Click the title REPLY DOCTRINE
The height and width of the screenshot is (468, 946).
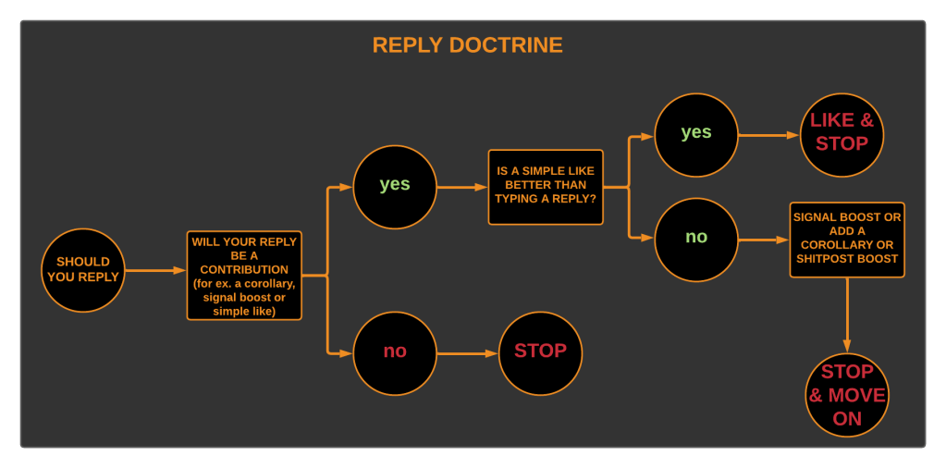(467, 45)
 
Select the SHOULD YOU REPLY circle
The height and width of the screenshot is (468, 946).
(83, 270)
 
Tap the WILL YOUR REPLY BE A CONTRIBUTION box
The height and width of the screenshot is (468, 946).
(244, 276)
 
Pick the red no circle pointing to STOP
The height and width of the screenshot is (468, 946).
(395, 353)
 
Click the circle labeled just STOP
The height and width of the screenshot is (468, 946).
(540, 353)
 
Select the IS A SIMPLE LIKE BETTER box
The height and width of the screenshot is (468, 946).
(546, 187)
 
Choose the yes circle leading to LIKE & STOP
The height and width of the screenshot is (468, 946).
(696, 135)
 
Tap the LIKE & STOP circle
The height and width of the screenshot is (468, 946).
(842, 135)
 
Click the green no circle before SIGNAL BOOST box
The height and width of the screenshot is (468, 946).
(696, 240)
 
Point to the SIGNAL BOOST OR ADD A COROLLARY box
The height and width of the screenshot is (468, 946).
(847, 240)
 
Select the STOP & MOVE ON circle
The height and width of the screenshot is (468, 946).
(847, 395)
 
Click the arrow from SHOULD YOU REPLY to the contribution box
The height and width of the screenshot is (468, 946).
(155, 270)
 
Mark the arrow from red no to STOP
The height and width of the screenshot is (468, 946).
(468, 353)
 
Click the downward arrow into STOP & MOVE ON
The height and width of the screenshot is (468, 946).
(847, 314)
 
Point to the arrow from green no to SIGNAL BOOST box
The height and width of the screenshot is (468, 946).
(764, 240)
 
